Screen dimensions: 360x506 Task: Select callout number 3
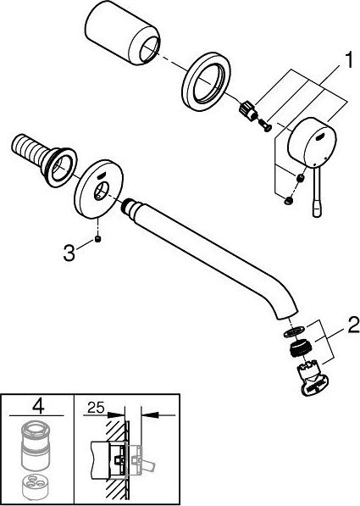pyautogui.click(x=69, y=253)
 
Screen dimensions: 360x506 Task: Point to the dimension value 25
pyautogui.click(x=96, y=408)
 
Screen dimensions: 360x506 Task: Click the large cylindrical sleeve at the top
pyautogui.click(x=122, y=36)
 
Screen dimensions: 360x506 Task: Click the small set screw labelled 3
pyautogui.click(x=98, y=239)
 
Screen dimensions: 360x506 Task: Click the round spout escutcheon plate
pyautogui.click(x=98, y=187)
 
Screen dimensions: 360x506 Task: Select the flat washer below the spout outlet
pyautogui.click(x=294, y=332)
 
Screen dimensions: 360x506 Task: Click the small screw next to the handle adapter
pyautogui.click(x=265, y=125)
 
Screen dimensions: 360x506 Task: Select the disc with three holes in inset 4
pyautogui.click(x=36, y=486)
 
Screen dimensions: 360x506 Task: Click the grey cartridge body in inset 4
pyautogui.click(x=36, y=448)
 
